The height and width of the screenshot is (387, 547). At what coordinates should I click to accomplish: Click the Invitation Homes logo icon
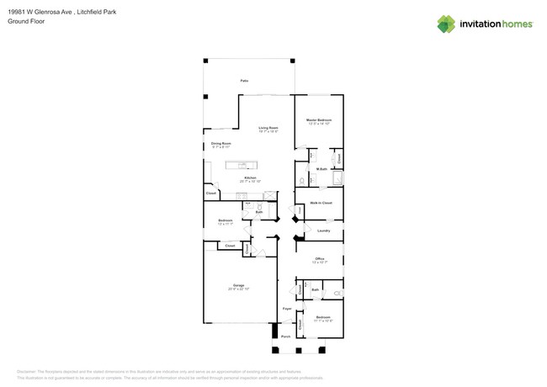pyautogui.click(x=446, y=24)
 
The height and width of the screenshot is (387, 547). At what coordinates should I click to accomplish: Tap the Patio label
pyautogui.click(x=244, y=81)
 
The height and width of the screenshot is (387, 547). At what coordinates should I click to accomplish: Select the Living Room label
pyautogui.click(x=268, y=129)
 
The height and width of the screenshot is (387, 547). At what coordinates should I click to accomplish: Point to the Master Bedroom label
pyautogui.click(x=319, y=121)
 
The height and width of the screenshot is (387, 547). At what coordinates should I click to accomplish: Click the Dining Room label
pyautogui.click(x=220, y=145)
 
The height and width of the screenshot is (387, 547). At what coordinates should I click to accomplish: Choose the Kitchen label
pyautogui.click(x=250, y=178)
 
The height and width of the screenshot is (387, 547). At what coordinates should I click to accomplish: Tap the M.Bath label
pyautogui.click(x=321, y=169)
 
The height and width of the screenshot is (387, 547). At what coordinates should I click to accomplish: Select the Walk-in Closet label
pyautogui.click(x=321, y=203)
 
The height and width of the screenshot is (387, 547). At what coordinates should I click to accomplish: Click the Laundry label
pyautogui.click(x=323, y=231)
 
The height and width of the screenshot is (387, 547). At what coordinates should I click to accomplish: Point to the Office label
pyautogui.click(x=320, y=258)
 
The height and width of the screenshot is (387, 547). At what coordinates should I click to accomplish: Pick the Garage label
pyautogui.click(x=238, y=286)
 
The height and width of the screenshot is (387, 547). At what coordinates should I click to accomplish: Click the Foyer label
pyautogui.click(x=286, y=309)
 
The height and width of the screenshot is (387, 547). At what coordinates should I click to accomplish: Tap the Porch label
pyautogui.click(x=285, y=337)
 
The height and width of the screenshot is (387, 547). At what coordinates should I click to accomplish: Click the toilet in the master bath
pyautogui.click(x=302, y=181)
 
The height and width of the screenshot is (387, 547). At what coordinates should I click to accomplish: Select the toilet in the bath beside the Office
pyautogui.click(x=337, y=293)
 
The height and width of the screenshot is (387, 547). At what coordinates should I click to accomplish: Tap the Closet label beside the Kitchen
pyautogui.click(x=211, y=193)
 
